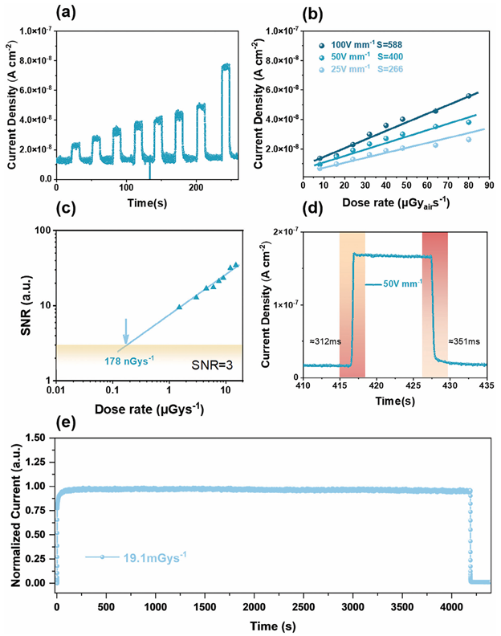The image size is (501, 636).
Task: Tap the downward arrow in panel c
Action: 125,331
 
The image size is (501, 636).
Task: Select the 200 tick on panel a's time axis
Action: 169,186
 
